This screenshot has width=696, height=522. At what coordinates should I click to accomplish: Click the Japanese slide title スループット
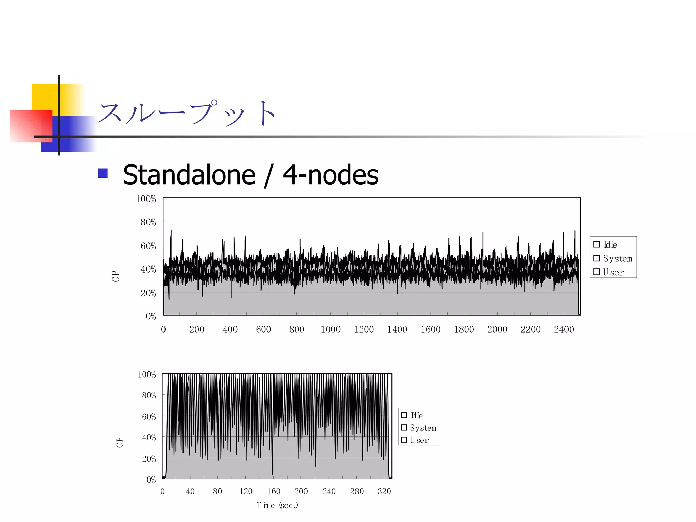187,113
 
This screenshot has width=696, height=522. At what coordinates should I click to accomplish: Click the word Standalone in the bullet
189,175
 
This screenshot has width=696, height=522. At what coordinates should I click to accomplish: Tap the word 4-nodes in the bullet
330,175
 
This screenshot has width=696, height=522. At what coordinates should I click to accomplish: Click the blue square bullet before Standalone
103,173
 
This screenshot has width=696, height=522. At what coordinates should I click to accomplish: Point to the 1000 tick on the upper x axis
330,329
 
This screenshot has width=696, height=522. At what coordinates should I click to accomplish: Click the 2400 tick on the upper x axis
564,329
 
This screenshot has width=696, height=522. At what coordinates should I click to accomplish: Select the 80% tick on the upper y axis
148,222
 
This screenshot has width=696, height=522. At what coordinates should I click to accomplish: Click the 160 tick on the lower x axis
274,491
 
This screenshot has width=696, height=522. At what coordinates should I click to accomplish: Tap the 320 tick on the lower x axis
384,491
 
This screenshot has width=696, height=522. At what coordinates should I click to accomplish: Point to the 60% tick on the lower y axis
149,417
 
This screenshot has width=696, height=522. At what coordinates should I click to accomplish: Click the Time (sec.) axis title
277,505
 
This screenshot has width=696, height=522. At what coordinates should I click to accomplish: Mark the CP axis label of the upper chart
116,276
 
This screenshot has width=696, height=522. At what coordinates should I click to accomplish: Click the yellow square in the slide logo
44,97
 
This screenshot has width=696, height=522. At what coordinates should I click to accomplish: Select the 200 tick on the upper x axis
197,329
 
